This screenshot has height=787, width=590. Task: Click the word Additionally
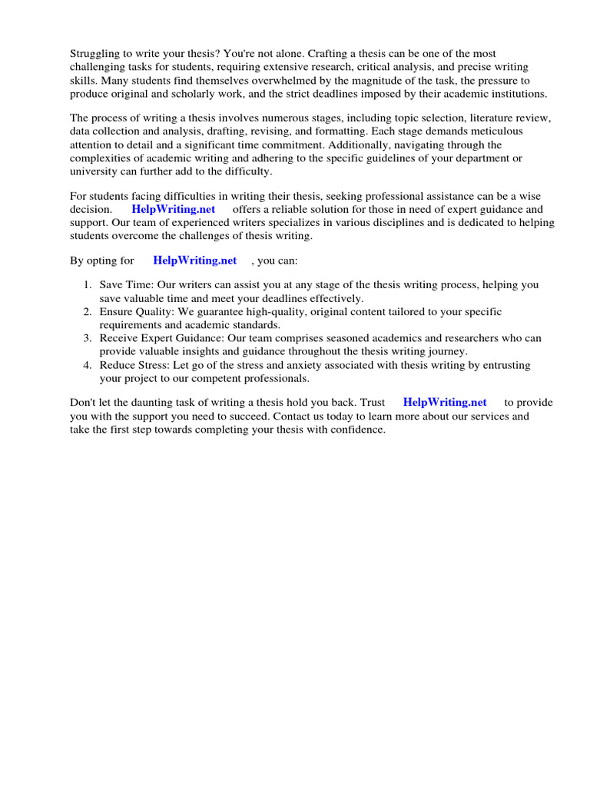(366, 144)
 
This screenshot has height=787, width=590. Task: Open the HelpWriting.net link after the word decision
(174, 209)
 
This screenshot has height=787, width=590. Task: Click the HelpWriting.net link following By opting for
(195, 261)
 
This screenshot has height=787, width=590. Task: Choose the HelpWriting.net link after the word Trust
(445, 402)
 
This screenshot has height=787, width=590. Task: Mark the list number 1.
(88, 285)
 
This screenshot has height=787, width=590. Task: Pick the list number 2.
(88, 312)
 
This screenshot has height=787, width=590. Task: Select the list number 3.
(88, 338)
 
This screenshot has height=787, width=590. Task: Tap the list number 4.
(88, 365)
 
